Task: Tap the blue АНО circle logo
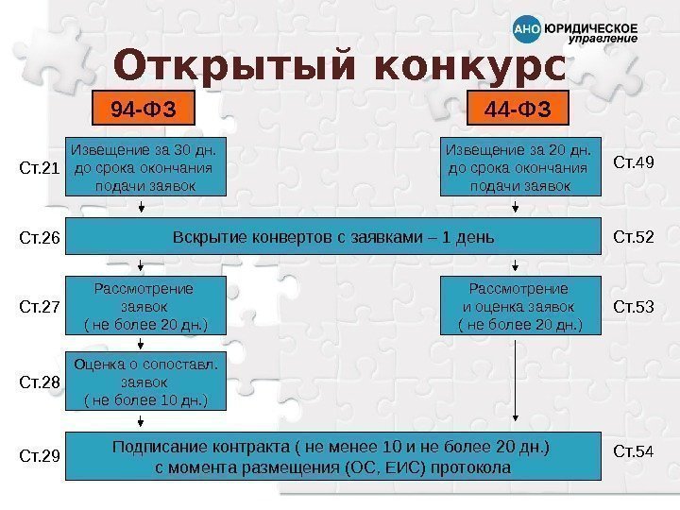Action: [526, 30]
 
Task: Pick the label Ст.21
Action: [41, 169]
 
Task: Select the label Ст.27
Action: [41, 307]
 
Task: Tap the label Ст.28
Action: [41, 382]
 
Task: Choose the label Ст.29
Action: [41, 456]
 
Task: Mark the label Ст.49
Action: [634, 162]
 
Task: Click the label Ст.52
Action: [634, 235]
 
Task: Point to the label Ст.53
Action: [634, 306]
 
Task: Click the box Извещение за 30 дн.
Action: [146, 167]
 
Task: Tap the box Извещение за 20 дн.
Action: [520, 167]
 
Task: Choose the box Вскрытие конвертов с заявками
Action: [333, 235]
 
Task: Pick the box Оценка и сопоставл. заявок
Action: [146, 382]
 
